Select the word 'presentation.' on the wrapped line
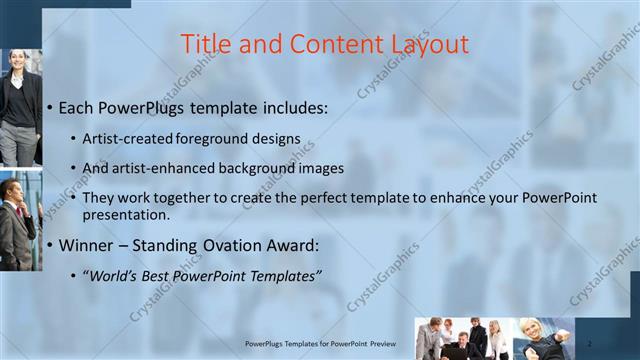coord(127,214)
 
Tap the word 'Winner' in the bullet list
coord(90,244)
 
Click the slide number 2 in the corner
coord(589,342)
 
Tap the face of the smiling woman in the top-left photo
coord(21,62)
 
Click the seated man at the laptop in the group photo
coord(458,346)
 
